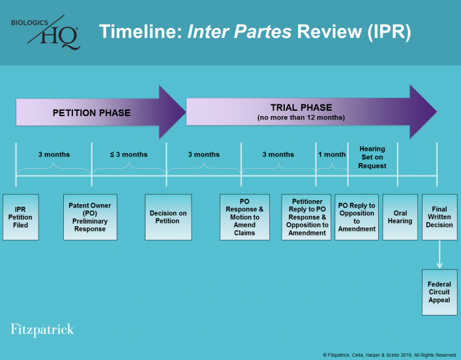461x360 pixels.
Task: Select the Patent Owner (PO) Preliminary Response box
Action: tap(90, 217)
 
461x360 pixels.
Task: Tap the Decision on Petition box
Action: tap(168, 217)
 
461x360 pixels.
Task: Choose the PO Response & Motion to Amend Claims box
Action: tap(245, 217)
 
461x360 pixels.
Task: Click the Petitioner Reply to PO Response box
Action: tap(306, 217)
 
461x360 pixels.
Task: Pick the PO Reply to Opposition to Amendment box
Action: tap(357, 217)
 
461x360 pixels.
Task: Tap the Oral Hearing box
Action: tap(400, 217)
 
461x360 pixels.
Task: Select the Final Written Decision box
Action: tap(439, 217)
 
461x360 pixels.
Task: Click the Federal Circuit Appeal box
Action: tap(439, 292)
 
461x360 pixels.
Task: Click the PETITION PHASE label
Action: tap(91, 113)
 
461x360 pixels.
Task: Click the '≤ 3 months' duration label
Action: tap(128, 155)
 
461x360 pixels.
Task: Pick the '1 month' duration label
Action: tap(332, 155)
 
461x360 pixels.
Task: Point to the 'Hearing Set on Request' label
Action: tap(372, 157)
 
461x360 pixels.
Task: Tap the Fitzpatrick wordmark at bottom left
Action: tap(42, 329)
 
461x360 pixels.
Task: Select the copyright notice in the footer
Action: tap(390, 354)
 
